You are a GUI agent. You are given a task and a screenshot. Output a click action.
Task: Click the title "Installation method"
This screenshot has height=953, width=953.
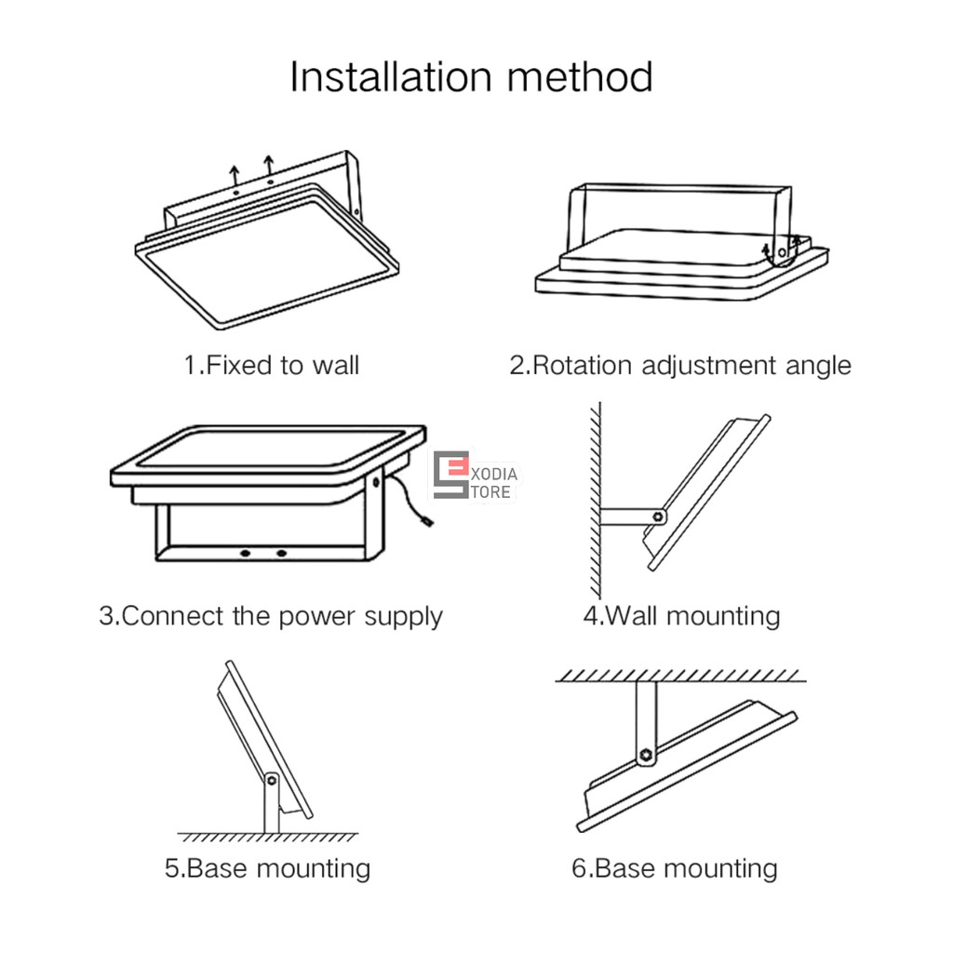(472, 78)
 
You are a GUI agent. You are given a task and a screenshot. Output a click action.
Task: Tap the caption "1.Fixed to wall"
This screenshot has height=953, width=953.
(272, 365)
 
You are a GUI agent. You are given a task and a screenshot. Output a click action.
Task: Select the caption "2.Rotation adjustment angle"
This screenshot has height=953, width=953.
(680, 366)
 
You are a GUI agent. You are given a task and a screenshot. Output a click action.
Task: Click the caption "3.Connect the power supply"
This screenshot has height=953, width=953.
(271, 617)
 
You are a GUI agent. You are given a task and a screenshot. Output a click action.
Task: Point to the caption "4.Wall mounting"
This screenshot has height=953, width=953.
(681, 617)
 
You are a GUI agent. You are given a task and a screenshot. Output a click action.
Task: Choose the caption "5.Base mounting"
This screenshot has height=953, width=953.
(267, 868)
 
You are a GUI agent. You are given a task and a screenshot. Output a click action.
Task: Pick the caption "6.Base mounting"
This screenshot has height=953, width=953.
(675, 868)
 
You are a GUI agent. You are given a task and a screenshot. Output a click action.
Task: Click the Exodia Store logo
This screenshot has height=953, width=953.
(475, 476)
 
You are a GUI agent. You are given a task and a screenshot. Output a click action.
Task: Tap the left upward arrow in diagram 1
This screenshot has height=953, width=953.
(235, 175)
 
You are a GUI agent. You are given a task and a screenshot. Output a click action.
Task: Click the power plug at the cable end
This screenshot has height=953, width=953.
(428, 521)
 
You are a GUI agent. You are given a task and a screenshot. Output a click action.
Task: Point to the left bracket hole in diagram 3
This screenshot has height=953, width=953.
(245, 553)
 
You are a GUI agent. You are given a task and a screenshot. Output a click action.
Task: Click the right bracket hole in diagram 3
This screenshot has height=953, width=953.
(281, 553)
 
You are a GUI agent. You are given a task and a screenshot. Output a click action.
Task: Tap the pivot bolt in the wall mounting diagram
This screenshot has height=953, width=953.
(658, 517)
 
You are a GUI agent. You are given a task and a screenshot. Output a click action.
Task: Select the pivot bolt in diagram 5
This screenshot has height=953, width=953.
(272, 781)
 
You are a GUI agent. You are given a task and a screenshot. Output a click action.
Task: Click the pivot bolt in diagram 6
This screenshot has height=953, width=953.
(646, 756)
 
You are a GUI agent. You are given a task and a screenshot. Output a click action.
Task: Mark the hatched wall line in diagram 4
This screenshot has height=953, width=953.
(596, 500)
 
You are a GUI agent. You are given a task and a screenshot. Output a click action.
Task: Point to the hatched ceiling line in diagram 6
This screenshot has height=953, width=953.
(680, 676)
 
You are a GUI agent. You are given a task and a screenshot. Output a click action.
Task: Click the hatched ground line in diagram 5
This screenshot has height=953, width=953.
(267, 837)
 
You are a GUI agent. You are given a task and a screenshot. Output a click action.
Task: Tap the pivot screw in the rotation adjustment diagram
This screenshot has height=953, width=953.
(782, 252)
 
